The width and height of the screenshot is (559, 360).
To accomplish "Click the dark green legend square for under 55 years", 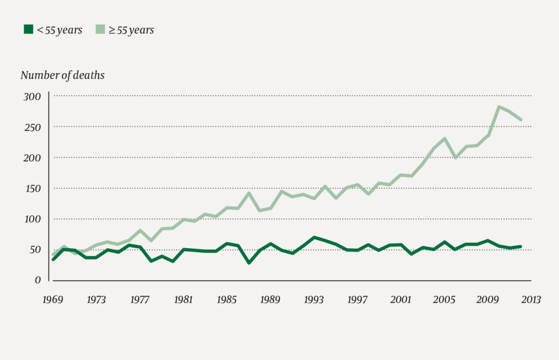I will tap(28, 30).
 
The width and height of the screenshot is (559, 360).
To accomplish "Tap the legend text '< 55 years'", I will tap(59, 30).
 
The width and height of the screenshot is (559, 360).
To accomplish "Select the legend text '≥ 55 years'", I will tap(131, 30).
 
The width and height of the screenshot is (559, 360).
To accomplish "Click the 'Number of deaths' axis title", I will tap(62, 75).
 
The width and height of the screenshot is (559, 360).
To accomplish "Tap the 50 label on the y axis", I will tap(35, 249).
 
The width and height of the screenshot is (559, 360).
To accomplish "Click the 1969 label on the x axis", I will tap(53, 299).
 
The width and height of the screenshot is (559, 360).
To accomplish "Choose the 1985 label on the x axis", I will tap(227, 299).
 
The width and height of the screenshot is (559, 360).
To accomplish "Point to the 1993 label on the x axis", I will tap(314, 299).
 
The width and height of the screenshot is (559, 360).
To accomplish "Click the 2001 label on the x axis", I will tap(401, 299).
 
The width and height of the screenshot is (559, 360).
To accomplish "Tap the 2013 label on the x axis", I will tap(531, 299).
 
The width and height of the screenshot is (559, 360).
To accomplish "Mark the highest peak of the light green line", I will tap(498, 107).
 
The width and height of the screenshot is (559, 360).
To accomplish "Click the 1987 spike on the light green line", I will tap(249, 193).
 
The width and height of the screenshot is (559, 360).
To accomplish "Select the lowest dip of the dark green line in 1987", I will tap(249, 262).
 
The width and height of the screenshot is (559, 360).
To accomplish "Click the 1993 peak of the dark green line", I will tap(314, 237).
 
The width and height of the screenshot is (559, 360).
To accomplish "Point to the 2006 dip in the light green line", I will tap(455, 157).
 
